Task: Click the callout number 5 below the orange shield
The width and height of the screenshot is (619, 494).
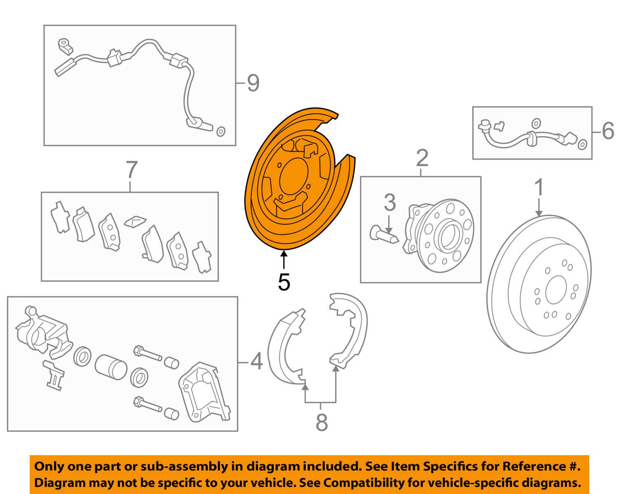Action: coord(284,282)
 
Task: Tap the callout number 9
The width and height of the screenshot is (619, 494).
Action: coord(253,83)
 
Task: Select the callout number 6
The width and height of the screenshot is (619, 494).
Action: coord(608,131)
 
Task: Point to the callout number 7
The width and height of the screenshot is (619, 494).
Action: coord(132,170)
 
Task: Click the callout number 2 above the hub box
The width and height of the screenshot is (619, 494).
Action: coord(422,158)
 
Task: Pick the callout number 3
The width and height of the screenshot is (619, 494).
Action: coord(390,203)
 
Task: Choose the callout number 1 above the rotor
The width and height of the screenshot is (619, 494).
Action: coord(539,187)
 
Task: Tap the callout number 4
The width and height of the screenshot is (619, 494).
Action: coord(257,362)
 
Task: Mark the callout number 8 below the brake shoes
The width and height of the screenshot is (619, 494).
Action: coord(321,422)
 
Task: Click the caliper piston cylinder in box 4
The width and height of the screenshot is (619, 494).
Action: coord(111,367)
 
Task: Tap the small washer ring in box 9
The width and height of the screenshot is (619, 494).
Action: coord(221,132)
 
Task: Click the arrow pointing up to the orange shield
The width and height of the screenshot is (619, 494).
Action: coord(284,259)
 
